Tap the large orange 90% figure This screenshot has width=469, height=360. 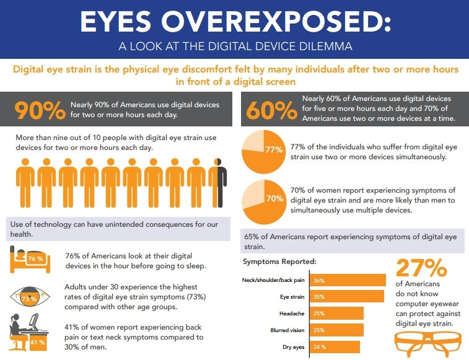(x=40, y=109)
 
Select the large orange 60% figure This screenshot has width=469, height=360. (x=272, y=109)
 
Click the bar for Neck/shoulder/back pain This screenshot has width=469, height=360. (x=346, y=281)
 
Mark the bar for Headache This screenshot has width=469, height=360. (x=336, y=314)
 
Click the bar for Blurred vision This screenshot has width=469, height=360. (x=336, y=330)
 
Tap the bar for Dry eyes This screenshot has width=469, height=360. (x=335, y=346)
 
